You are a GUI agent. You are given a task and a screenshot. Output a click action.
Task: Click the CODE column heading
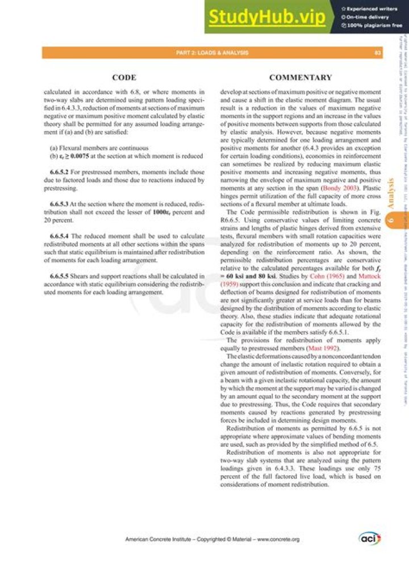click(123, 77)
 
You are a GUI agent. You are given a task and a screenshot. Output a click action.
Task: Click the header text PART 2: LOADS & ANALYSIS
click(212, 53)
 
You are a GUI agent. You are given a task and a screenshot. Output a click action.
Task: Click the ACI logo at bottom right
click(369, 538)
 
